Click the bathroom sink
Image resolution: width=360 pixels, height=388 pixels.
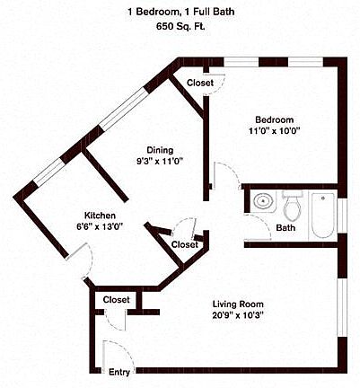[x=261, y=202]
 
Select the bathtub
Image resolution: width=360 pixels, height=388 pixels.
[x=322, y=215]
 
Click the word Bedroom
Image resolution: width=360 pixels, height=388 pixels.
[x=274, y=119]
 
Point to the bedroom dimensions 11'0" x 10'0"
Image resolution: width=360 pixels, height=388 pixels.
[x=274, y=131]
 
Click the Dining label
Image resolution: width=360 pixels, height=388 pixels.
[x=161, y=150]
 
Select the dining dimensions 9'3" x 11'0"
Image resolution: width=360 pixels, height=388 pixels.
[x=161, y=162]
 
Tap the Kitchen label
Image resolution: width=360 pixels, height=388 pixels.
[x=100, y=216]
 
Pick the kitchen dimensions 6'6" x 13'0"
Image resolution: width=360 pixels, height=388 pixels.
[x=100, y=227]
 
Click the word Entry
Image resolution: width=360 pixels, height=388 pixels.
[x=119, y=372]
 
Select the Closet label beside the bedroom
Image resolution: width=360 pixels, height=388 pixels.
[x=200, y=83]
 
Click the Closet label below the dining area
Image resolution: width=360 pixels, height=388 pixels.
[x=185, y=244]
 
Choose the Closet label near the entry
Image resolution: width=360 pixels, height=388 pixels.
[x=116, y=299]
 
